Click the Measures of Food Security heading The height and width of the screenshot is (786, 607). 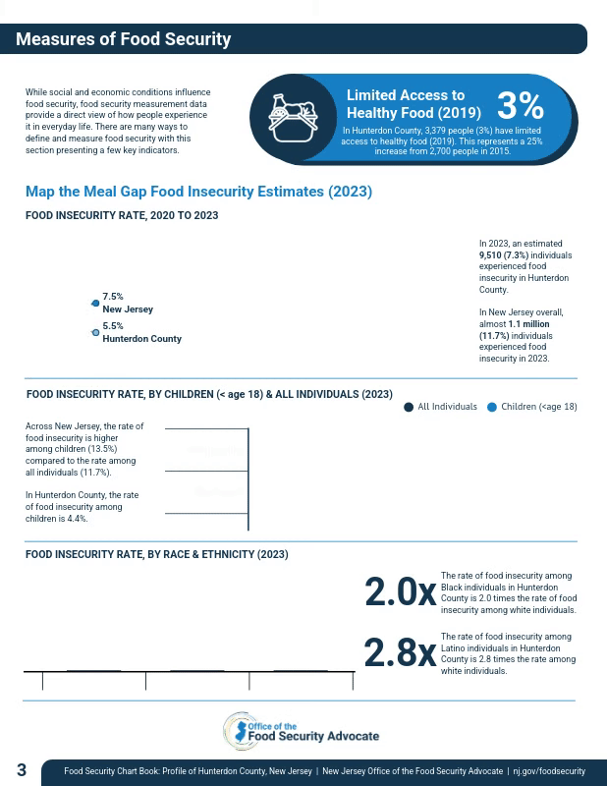(x=123, y=39)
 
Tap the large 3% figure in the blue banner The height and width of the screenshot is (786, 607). (x=520, y=105)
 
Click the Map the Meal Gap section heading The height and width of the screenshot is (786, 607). (x=198, y=192)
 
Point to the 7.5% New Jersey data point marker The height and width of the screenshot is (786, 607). (x=95, y=303)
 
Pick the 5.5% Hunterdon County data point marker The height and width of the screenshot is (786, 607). (x=95, y=333)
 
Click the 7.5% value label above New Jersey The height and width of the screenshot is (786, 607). (x=113, y=296)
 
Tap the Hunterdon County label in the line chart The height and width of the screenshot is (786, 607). (x=141, y=339)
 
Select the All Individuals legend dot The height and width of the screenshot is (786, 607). (x=409, y=407)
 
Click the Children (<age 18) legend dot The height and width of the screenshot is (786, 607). (x=492, y=407)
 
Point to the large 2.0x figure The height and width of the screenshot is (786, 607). (x=400, y=592)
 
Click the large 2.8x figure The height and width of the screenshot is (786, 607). (x=400, y=653)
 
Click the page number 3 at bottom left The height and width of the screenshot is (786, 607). (x=22, y=770)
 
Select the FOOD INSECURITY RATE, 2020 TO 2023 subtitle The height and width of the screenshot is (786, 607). (x=122, y=215)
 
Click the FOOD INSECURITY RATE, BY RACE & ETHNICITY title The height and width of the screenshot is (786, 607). (x=157, y=554)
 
